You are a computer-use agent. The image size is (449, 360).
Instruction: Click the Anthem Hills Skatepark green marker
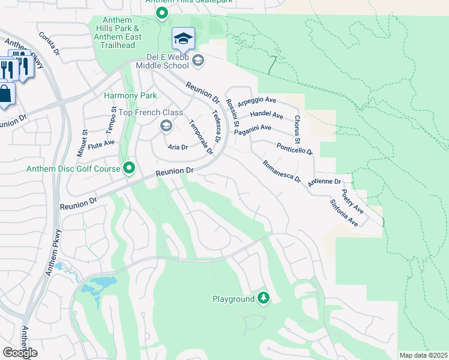[161, 13]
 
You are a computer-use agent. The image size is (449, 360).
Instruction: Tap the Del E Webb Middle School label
[162, 61]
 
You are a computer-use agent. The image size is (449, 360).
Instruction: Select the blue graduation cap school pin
[183, 40]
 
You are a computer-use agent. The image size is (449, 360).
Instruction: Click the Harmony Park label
[130, 95]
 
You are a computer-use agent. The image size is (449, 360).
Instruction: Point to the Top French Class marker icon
[166, 126]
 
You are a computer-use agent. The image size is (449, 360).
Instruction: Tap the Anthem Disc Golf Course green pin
[129, 169]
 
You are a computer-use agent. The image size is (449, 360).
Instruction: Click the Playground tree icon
[263, 298]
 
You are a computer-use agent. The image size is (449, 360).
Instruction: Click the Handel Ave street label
[266, 114]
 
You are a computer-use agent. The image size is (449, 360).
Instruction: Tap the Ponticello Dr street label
[295, 148]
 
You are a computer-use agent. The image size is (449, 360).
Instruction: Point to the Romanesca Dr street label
[281, 172]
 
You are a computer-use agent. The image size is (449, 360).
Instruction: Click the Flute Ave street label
[101, 144]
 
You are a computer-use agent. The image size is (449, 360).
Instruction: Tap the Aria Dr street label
[178, 147]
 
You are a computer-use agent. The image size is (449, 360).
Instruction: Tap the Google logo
[20, 353]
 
